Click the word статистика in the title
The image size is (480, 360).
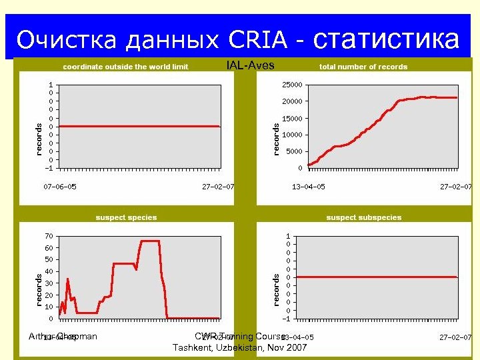(x=386, y=40)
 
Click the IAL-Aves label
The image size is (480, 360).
(x=250, y=65)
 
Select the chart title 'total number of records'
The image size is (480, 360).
(x=363, y=67)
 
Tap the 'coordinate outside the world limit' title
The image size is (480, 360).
(x=125, y=67)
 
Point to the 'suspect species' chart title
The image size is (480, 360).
(x=126, y=217)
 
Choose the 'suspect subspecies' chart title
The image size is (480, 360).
(x=363, y=217)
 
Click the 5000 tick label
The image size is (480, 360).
(x=294, y=151)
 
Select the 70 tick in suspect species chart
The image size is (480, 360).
(x=49, y=236)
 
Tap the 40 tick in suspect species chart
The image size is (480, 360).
(x=49, y=271)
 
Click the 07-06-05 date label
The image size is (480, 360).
(x=60, y=187)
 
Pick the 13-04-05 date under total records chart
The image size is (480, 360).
(x=308, y=187)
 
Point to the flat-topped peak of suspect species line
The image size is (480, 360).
(x=149, y=241)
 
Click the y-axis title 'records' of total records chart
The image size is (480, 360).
(x=276, y=139)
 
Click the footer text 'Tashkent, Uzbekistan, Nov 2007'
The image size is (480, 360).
(x=240, y=348)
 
